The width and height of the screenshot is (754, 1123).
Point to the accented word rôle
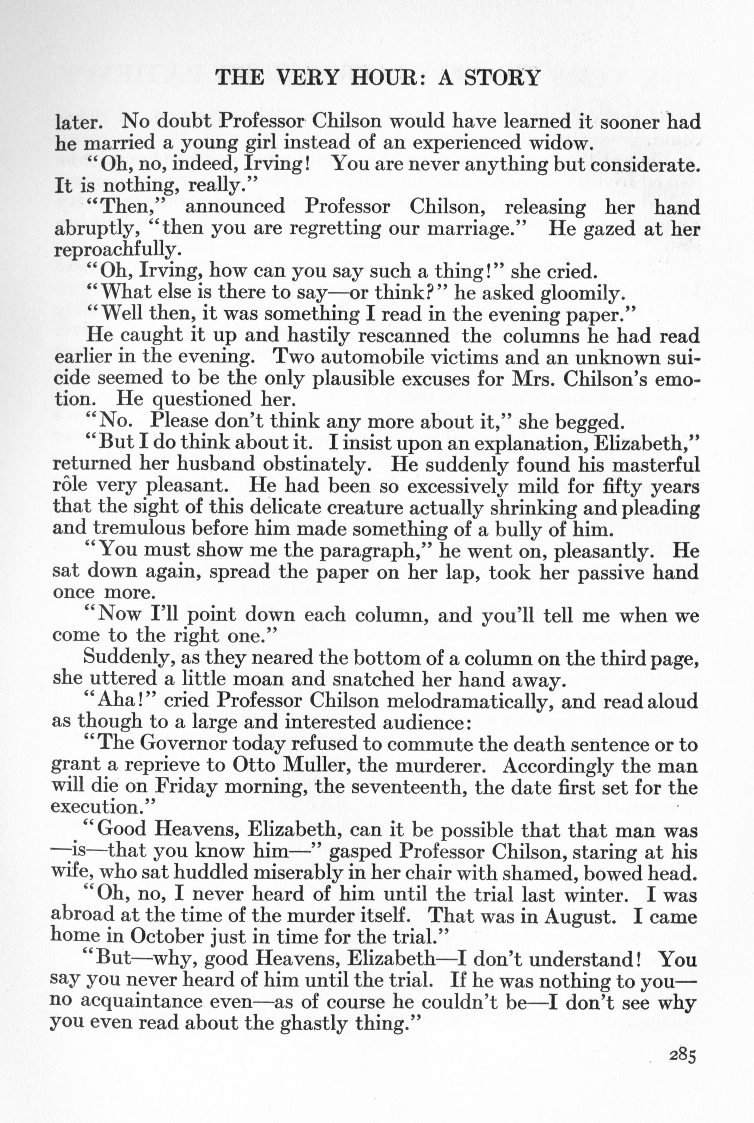[70, 485]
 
